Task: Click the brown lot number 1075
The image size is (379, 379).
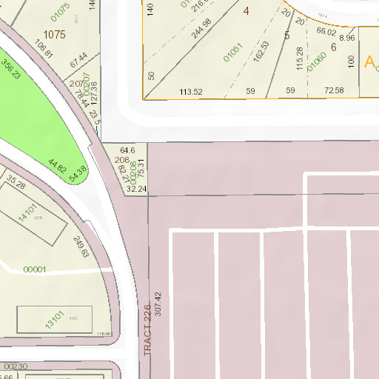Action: pyautogui.click(x=54, y=34)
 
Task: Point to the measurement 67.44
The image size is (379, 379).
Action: pyautogui.click(x=78, y=61)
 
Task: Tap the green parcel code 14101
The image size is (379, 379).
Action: pyautogui.click(x=27, y=213)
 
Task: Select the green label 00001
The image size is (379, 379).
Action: pyautogui.click(x=34, y=269)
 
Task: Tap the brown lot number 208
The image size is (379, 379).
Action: pyautogui.click(x=122, y=160)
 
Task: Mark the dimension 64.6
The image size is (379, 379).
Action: pyautogui.click(x=127, y=150)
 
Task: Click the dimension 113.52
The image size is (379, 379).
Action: pyautogui.click(x=191, y=92)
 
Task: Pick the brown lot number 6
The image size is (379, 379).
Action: pyautogui.click(x=334, y=47)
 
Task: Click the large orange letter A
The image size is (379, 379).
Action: pyautogui.click(x=371, y=61)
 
